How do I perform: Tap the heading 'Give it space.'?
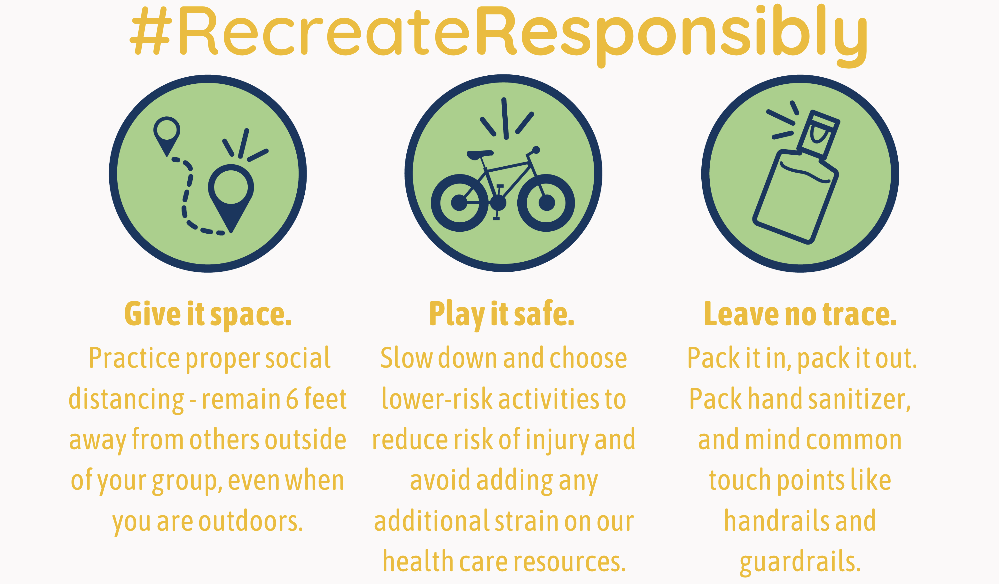[x=208, y=314]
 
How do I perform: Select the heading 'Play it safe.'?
[x=502, y=314]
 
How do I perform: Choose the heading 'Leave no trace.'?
[x=800, y=314]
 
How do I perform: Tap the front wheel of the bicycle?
[x=546, y=203]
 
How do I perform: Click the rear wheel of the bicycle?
[x=459, y=203]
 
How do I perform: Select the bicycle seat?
[x=480, y=154]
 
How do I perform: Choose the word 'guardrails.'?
[x=800, y=562]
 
